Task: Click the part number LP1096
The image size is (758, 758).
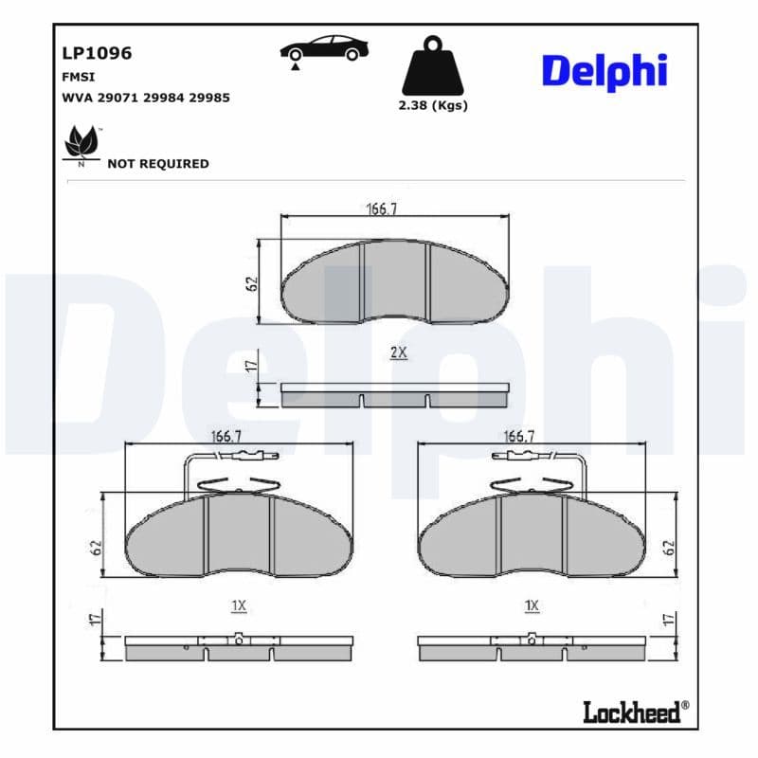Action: point(97,53)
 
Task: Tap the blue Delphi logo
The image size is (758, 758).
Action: point(605,71)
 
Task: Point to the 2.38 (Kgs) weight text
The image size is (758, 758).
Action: point(433,105)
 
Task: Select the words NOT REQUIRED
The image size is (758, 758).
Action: point(158,164)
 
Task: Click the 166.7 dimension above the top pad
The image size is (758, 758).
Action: point(381,209)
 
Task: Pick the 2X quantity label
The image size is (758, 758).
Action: point(398,352)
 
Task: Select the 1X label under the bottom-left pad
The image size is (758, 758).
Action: point(238,605)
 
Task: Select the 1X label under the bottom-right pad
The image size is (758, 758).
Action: point(532,605)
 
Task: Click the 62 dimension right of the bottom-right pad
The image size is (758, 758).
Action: point(669,548)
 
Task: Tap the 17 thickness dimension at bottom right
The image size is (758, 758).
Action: point(669,620)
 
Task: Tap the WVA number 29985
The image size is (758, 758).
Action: point(210,98)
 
